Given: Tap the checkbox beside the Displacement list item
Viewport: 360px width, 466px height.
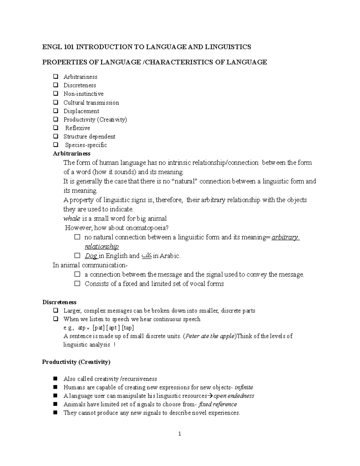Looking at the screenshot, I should coord(55,111).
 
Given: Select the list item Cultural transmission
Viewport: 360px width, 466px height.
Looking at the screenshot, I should coord(91,103).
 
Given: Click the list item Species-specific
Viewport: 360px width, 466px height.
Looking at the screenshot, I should coord(86,145).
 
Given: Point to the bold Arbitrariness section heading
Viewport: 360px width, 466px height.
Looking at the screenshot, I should coord(71,154).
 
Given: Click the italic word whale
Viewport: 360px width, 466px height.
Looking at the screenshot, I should coord(71,218).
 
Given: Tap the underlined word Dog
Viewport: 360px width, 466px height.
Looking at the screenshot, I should coord(91,256).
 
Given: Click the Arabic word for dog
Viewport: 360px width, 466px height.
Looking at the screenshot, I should coord(146,256).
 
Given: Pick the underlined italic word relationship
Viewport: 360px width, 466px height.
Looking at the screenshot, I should coord(102,247).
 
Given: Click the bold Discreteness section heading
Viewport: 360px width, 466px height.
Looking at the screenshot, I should coord(59,302).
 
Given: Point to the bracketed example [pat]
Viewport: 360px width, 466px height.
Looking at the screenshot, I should coord(99,328).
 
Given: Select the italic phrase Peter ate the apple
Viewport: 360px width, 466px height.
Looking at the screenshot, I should coord(210,336).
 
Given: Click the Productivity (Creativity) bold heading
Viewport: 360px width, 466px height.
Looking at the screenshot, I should coord(76,362).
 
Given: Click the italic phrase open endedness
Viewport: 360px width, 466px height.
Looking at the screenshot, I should coord(233,396).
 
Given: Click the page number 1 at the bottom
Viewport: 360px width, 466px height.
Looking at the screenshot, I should coord(179,434).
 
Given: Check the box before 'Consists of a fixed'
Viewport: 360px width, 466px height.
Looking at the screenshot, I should coord(77,284).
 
